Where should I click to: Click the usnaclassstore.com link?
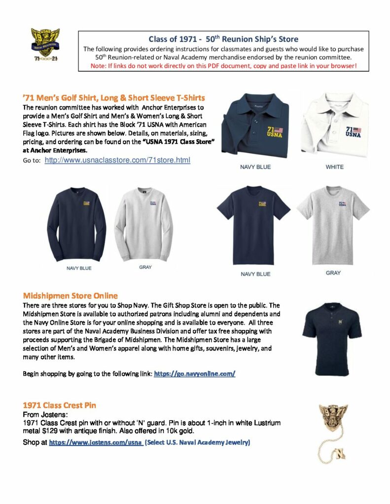[x=117, y=160]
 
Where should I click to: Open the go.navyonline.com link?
[x=194, y=374]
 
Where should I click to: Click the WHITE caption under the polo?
[x=334, y=167]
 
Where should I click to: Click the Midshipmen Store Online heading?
[x=71, y=296]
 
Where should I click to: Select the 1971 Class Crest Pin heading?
[x=60, y=405]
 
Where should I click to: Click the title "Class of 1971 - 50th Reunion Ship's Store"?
[x=223, y=39]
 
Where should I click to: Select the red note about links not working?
[x=224, y=65]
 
